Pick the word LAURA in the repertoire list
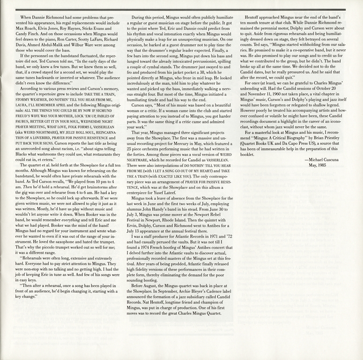point(22,118)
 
